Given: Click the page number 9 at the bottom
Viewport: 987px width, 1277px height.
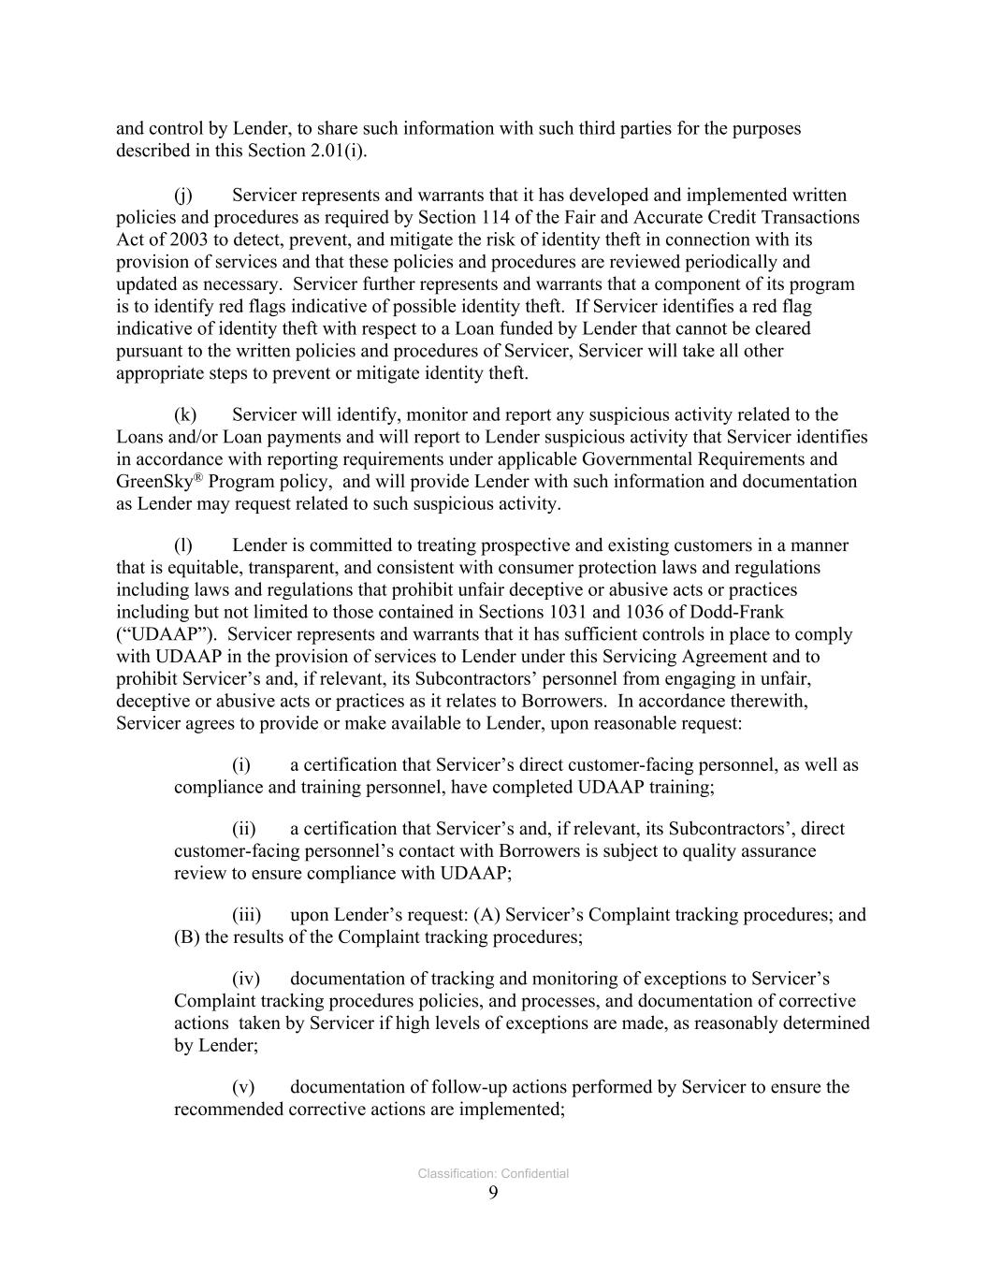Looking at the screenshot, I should (493, 1193).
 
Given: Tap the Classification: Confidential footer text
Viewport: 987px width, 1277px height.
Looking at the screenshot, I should (493, 1174).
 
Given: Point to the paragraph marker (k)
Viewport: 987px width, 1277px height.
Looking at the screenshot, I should (185, 415).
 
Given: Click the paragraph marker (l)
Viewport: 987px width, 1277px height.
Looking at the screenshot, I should (183, 545).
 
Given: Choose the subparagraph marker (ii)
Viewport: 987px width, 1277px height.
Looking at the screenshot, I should (243, 829).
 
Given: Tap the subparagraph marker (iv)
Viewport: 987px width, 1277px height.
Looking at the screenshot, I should (245, 980).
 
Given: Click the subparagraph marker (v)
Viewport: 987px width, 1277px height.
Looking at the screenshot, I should (243, 1087).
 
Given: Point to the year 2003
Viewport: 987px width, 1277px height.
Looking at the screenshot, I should (176, 239).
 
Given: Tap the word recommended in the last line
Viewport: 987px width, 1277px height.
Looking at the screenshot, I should (227, 1110).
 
